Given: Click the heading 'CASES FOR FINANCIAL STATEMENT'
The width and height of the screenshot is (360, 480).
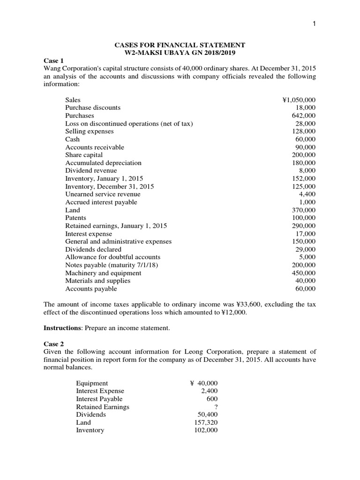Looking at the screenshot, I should click(x=180, y=45).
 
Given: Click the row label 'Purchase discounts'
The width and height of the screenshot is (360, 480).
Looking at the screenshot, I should click(x=93, y=108).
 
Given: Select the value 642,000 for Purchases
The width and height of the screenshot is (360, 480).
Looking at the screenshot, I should click(x=304, y=116).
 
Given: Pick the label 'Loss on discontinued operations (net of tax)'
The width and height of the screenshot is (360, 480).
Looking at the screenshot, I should click(x=129, y=124).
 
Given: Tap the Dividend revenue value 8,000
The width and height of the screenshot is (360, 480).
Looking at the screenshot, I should click(x=307, y=171).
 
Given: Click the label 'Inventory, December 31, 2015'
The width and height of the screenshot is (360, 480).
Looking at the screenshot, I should click(x=109, y=187).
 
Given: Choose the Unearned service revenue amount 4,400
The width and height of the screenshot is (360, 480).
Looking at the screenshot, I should click(x=307, y=195).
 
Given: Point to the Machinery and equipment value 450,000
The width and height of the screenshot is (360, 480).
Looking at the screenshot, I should click(x=304, y=273).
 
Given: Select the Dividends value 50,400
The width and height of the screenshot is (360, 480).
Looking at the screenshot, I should click(x=208, y=415).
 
